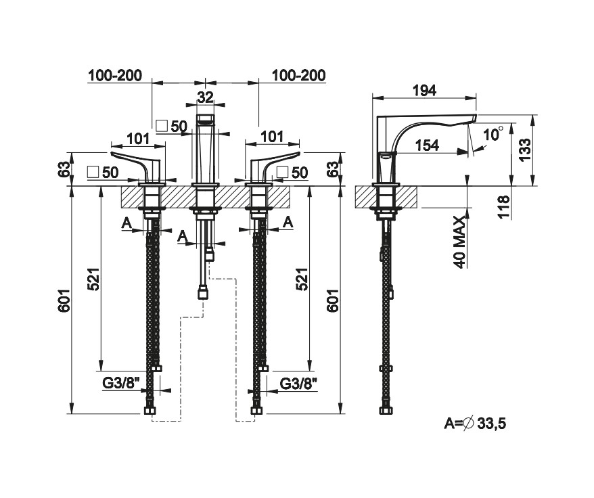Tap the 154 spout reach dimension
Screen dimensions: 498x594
[426, 145]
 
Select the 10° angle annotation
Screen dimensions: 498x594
[493, 134]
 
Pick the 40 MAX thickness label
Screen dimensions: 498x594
[459, 242]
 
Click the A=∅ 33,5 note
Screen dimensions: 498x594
[475, 424]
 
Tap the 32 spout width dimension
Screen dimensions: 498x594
[205, 97]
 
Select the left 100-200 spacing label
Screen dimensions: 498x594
[114, 75]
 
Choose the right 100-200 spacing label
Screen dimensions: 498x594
[298, 75]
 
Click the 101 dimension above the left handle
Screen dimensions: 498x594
[137, 138]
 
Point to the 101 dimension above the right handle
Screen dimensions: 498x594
[272, 137]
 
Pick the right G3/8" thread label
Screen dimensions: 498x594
[299, 383]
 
